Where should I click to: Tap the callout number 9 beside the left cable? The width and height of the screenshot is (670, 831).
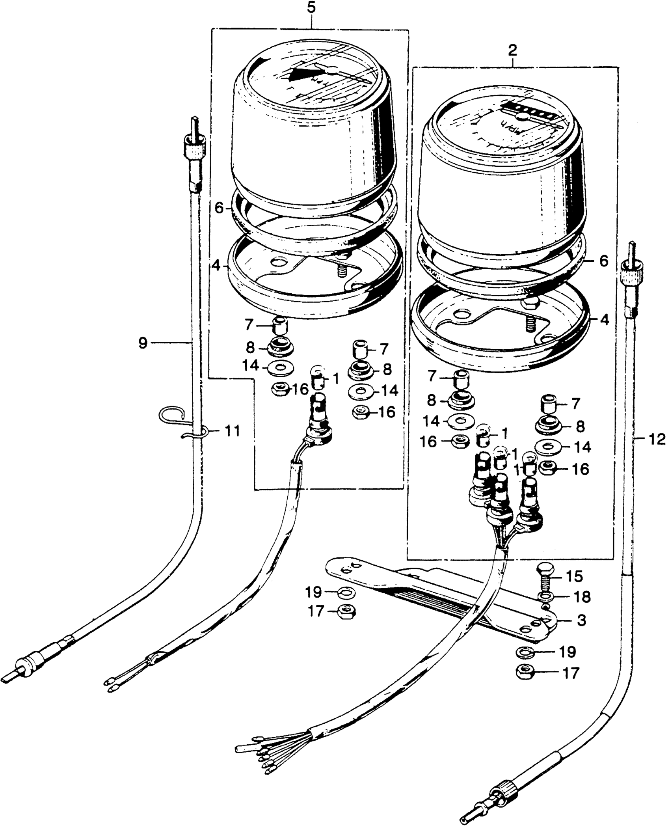[143, 343]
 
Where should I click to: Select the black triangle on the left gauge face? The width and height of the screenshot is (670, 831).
[303, 75]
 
